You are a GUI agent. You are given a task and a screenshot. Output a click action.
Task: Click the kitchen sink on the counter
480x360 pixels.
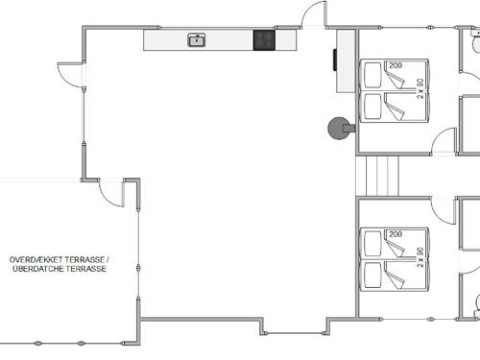coord(197,39)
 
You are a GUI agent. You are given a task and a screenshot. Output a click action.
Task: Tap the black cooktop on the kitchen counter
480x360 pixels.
coord(264,39)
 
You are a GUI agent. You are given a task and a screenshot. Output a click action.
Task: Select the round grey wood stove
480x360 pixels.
coord(338,128)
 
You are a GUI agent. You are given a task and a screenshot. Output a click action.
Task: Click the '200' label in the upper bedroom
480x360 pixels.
coord(396,65)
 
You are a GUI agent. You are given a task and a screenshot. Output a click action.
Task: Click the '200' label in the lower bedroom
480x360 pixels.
coord(396,234)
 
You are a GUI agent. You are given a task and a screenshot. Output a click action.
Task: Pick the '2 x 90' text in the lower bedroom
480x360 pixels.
coord(421,256)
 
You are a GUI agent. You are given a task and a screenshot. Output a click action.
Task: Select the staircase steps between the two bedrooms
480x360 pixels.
coord(376,176)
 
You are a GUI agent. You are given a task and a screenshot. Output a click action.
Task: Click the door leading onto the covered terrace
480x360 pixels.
coord(113,190)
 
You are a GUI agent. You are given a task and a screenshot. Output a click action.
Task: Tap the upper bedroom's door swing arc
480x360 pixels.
coord(443,142)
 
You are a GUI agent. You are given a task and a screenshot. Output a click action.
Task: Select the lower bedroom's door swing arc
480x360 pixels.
coord(443,210)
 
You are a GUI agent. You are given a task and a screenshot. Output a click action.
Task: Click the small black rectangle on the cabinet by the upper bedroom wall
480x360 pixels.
coord(335,60)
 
